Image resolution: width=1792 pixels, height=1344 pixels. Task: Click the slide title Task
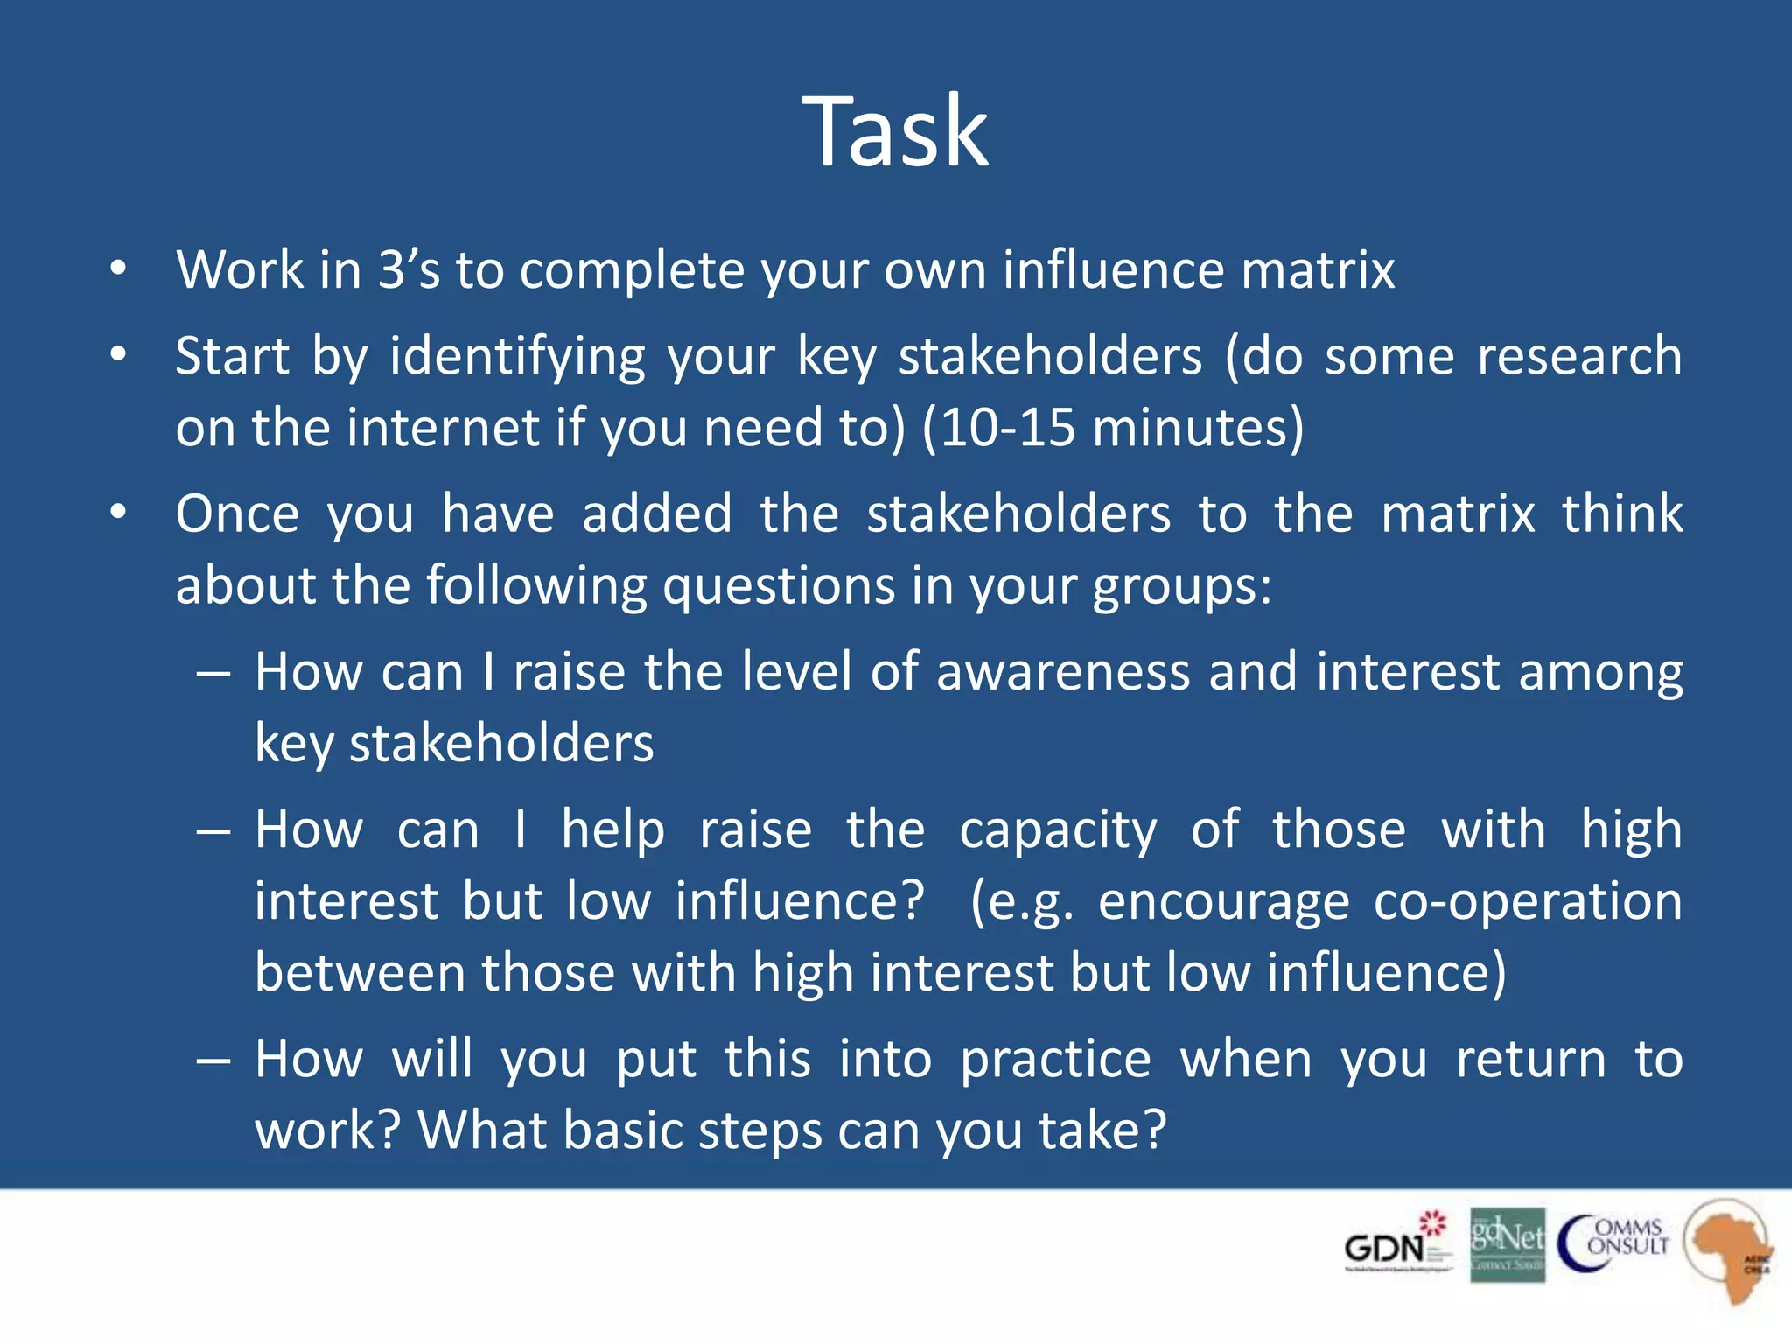[895, 133]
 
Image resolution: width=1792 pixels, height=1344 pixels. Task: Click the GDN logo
[1396, 1242]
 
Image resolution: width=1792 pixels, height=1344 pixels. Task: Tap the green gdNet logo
[1507, 1244]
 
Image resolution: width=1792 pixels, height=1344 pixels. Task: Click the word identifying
[517, 358]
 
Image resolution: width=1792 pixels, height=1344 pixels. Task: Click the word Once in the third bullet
[237, 514]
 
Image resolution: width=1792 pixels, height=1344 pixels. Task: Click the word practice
[1055, 1060]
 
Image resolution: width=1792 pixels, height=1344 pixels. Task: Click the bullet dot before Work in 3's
[118, 269]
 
